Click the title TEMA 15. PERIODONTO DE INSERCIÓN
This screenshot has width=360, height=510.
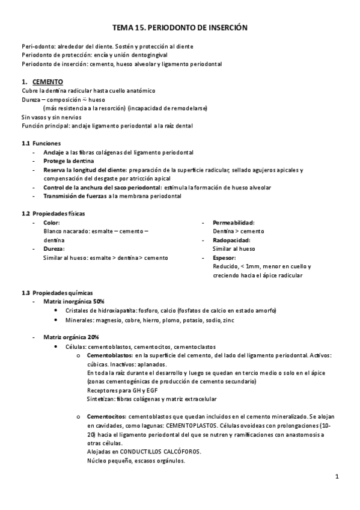[x=180, y=28]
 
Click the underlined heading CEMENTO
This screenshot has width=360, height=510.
[x=48, y=82]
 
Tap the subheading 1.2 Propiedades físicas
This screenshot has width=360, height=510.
[x=53, y=214]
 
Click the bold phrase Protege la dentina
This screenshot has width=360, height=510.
[x=69, y=161]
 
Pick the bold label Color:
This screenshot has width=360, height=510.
[x=52, y=223]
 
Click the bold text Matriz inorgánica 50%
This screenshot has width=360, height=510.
[x=74, y=301]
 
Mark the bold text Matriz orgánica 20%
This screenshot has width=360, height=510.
[x=71, y=337]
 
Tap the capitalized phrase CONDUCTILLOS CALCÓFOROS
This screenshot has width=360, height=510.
[x=160, y=452]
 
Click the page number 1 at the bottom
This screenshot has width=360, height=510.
[x=338, y=478]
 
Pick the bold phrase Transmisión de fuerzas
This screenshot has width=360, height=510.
[x=75, y=196]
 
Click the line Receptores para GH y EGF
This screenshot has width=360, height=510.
[x=120, y=390]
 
